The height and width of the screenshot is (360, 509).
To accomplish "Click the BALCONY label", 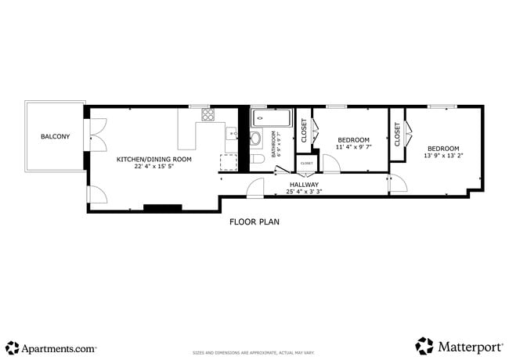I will tap(55, 137).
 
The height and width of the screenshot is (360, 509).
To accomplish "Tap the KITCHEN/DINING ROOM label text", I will tap(153, 159).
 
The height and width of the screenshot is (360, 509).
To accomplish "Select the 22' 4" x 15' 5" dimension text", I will tap(153, 167).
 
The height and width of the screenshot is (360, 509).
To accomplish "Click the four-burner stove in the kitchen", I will tap(208, 115).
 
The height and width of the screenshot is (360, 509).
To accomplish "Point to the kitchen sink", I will tap(232, 134).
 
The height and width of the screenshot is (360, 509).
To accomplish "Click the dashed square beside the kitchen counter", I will tap(228, 162).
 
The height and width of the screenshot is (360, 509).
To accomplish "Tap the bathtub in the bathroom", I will tap(270, 120).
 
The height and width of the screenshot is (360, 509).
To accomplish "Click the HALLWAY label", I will tap(304, 184).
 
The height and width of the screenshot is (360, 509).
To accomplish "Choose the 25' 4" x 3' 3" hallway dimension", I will tap(304, 192).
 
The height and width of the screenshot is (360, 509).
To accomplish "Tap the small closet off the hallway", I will tap(306, 163).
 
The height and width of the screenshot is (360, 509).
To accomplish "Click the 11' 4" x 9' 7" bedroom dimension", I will tap(353, 147).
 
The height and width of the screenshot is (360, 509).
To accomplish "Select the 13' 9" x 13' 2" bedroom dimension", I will tap(443, 156).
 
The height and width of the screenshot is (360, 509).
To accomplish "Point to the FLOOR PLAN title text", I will tap(254, 221).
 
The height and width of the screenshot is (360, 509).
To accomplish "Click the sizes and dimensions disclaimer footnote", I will tap(254, 353).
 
